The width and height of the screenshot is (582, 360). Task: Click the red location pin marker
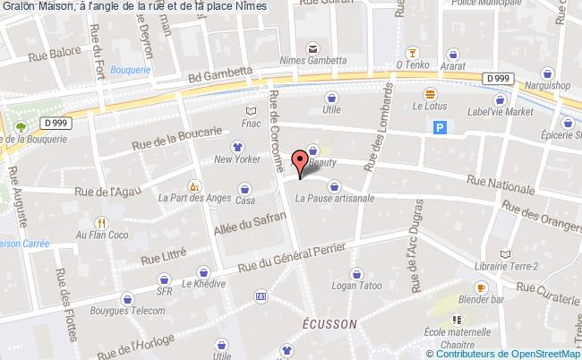click(x=301, y=160)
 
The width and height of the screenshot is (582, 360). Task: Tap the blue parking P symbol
click(x=440, y=128)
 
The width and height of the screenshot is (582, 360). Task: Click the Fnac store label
click(x=251, y=124)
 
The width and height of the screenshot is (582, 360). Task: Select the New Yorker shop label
click(x=236, y=160)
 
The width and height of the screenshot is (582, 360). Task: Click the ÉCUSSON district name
click(x=330, y=323)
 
